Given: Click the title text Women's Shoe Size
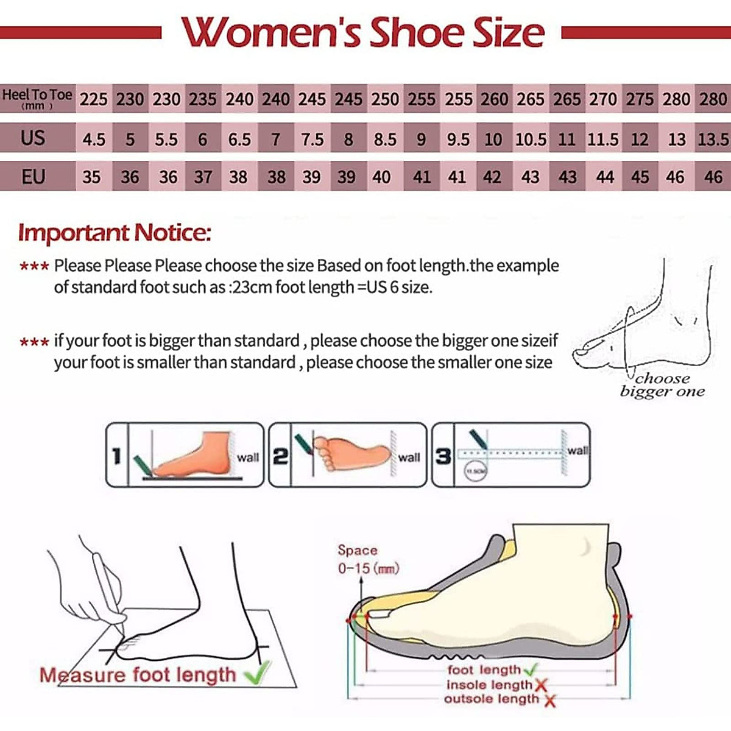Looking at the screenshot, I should click(363, 33).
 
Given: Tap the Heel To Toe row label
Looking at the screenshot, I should click(37, 98).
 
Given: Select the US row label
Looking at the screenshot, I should click(33, 138).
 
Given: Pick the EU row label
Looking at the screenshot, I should click(33, 177).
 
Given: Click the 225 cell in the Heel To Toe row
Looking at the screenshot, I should click(93, 99).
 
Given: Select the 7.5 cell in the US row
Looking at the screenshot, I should click(312, 139).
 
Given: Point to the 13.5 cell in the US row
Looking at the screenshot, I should click(713, 139).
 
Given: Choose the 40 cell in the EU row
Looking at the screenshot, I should click(381, 177).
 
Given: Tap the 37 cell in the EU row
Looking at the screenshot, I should click(203, 177).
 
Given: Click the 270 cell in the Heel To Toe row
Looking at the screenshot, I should click(603, 99).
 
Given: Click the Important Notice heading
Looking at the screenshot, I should click(115, 233).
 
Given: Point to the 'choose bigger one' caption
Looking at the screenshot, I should click(662, 385).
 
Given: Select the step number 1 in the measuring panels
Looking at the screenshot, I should click(117, 456).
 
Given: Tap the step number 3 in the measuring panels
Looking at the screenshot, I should click(443, 456).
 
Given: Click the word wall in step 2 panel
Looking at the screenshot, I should click(409, 457).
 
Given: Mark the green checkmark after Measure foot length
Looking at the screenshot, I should click(256, 674).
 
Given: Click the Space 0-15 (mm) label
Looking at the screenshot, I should click(368, 559).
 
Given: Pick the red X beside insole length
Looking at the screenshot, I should click(540, 686).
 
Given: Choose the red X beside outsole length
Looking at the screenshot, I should click(549, 701).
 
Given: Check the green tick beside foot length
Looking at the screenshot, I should click(531, 669).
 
